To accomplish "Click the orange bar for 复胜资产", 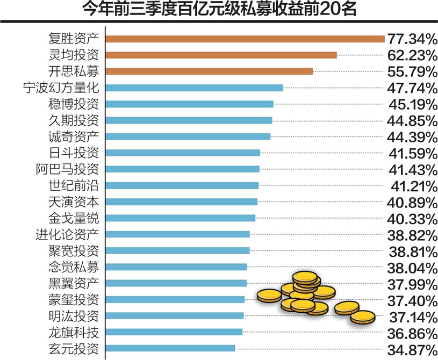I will click(x=245, y=39).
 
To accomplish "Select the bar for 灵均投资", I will click(x=221, y=55).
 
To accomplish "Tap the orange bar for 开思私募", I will click(x=209, y=71).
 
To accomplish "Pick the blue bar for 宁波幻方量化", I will click(x=194, y=88).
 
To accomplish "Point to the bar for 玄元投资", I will click(x=170, y=348).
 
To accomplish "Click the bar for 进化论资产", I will click(x=178, y=234).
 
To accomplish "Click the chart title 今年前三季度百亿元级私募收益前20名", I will click(x=219, y=10).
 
